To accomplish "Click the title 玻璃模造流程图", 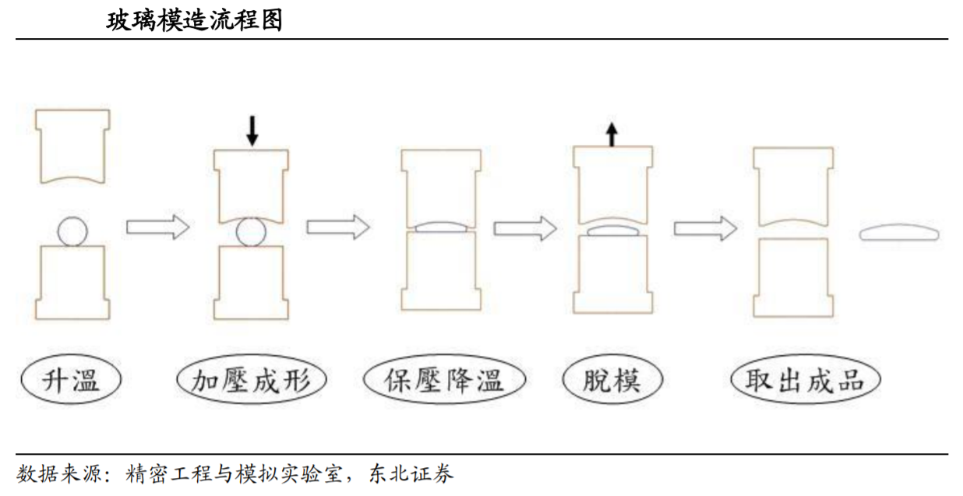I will point(194,21).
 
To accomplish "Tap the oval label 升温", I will point(72,381).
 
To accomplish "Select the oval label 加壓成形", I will point(251,381).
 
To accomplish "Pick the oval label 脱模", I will point(612,381).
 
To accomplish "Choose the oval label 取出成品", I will point(806,381).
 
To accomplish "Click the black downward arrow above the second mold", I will point(252,130).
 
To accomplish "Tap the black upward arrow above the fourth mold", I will point(612,134).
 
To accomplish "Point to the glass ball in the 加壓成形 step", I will point(251,231).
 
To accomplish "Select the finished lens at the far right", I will point(899,232).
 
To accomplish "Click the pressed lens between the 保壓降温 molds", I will point(442,227).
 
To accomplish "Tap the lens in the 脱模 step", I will point(612,230).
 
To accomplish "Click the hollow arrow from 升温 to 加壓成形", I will point(158,227).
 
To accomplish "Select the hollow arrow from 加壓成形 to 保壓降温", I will point(338,227).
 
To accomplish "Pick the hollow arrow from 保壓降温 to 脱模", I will point(525,228).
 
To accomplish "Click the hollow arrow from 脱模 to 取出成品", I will point(705,228).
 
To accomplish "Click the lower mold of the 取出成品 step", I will point(792,277).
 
